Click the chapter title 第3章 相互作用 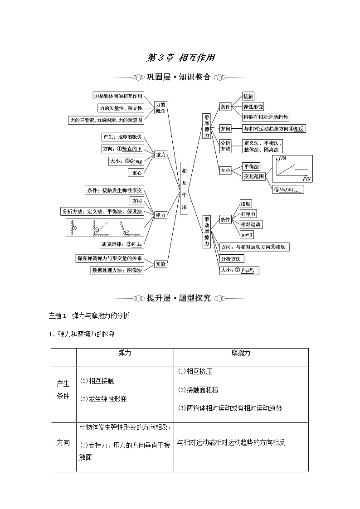pyautogui.click(x=180, y=58)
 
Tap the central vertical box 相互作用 pyautogui.click(x=184, y=188)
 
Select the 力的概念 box pyautogui.click(x=161, y=107)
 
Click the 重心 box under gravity pyautogui.click(x=136, y=173)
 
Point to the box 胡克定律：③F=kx pyautogui.click(x=122, y=244)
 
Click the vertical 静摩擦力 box pyautogui.click(x=207, y=126)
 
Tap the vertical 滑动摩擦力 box pyautogui.click(x=207, y=231)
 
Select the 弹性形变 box pyautogui.click(x=253, y=107)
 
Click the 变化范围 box pyautogui.click(x=253, y=177)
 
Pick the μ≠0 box pyautogui.click(x=247, y=235)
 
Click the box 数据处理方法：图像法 pyautogui.click(x=117, y=270)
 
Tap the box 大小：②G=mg pyautogui.click(x=126, y=161)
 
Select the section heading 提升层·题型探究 pyautogui.click(x=179, y=298)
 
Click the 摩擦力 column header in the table pyautogui.click(x=241, y=353)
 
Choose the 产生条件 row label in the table pyautogui.click(x=63, y=389)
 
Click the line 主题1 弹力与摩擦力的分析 pyautogui.click(x=89, y=315)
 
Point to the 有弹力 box pyautogui.click(x=248, y=214)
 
